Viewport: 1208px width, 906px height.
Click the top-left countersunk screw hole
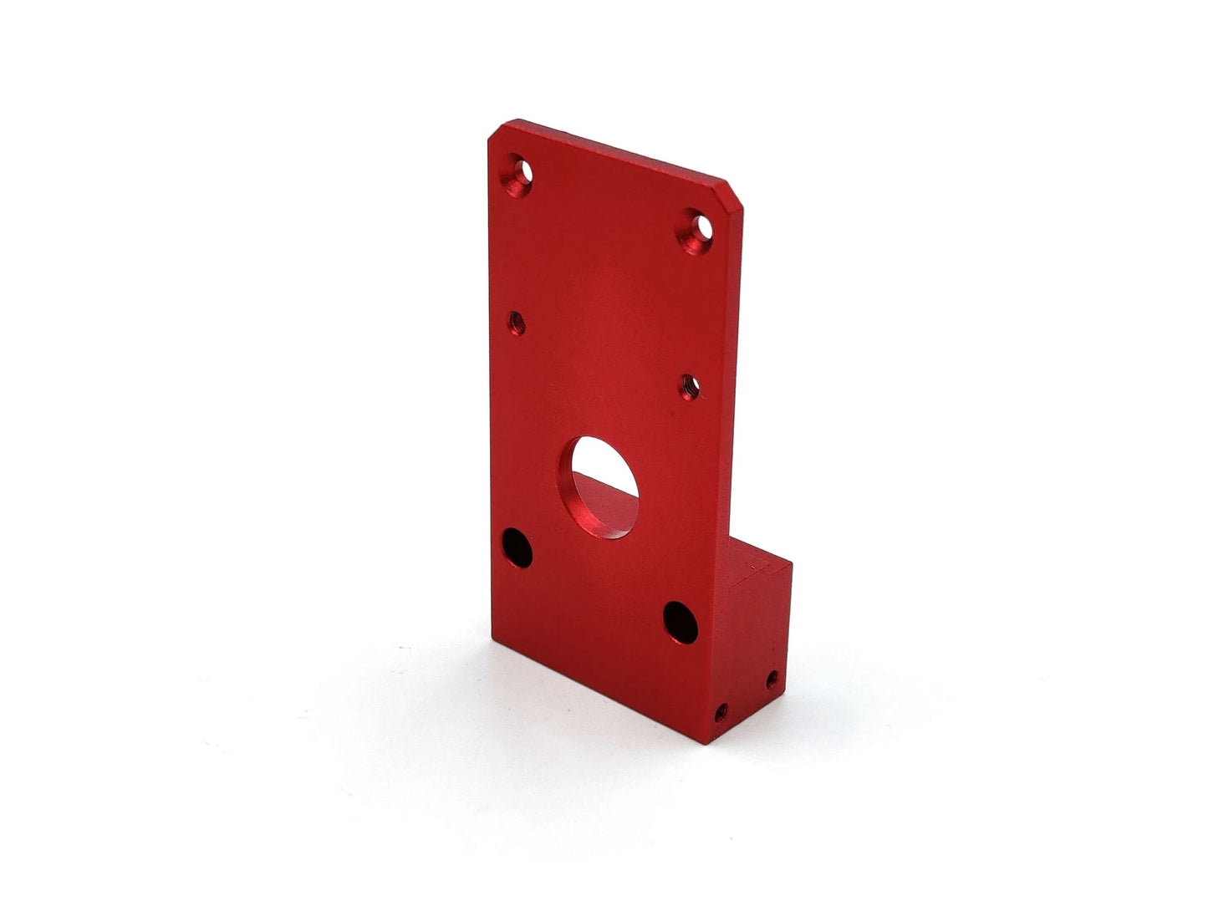[x=517, y=175]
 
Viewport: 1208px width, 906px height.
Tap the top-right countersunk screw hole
[x=696, y=230]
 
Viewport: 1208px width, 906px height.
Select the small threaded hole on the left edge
[x=517, y=322]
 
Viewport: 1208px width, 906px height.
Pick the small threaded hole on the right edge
[x=691, y=386]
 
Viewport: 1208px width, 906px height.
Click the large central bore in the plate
[x=599, y=487]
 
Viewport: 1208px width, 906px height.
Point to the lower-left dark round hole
[x=517, y=547]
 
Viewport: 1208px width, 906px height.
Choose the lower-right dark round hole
[x=680, y=623]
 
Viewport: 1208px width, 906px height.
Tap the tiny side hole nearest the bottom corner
[x=721, y=713]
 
